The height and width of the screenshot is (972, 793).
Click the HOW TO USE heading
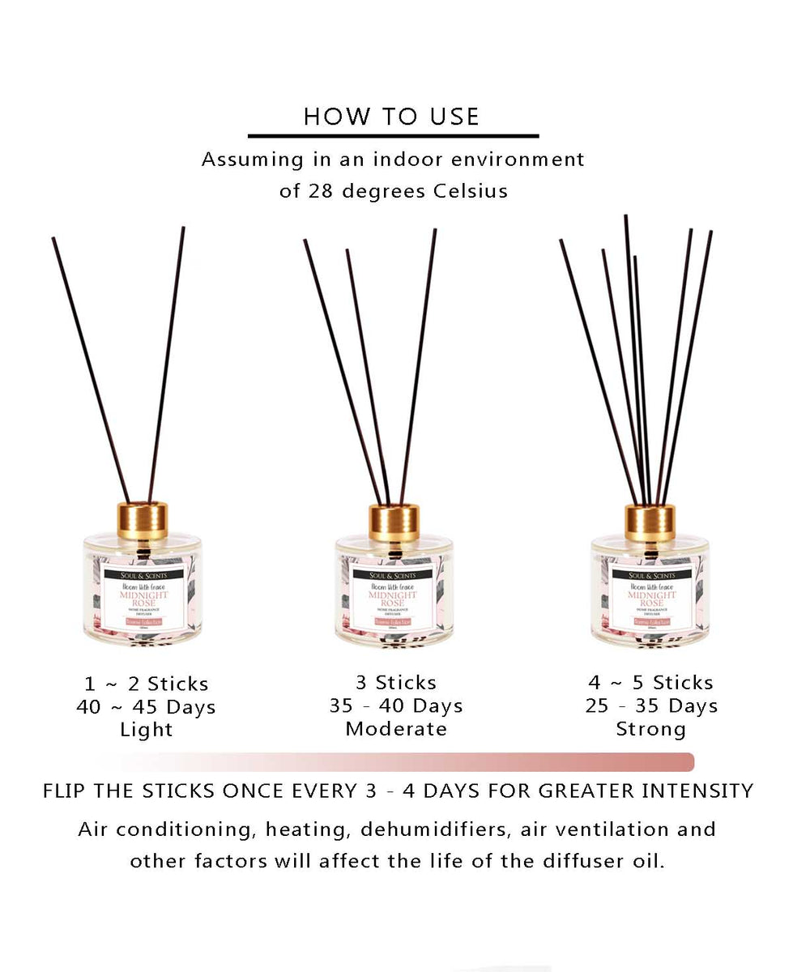pyautogui.click(x=392, y=116)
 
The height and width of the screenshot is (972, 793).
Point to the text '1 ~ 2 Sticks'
pyautogui.click(x=147, y=684)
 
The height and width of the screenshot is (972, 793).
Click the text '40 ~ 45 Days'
pyautogui.click(x=147, y=707)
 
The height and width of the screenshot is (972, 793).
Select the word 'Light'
pyautogui.click(x=147, y=730)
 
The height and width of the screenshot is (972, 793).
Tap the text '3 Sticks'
pyautogui.click(x=396, y=683)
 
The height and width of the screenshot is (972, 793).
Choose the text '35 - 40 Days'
pyautogui.click(x=396, y=706)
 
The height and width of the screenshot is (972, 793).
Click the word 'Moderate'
pyautogui.click(x=396, y=729)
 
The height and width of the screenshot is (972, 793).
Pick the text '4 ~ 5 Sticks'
pyautogui.click(x=651, y=683)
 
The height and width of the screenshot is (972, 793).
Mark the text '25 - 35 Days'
pyautogui.click(x=651, y=706)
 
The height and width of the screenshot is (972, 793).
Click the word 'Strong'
pyautogui.click(x=651, y=729)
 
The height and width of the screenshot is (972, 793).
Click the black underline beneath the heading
pyautogui.click(x=393, y=136)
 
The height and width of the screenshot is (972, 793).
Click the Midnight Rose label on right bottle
pyautogui.click(x=651, y=598)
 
